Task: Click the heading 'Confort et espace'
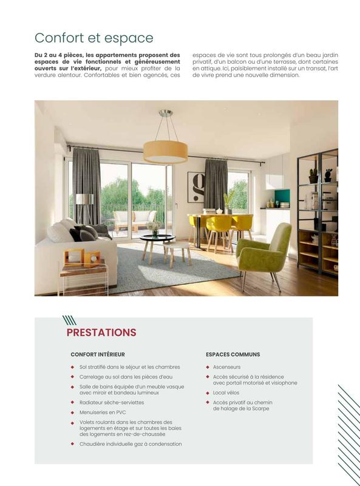point(93,38)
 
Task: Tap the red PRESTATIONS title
point(101,332)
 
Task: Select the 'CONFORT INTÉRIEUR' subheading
point(98,354)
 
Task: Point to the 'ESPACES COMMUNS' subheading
point(233,354)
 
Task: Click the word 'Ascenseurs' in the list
point(226,367)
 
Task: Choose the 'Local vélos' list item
point(226,393)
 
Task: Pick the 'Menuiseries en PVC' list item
point(103,412)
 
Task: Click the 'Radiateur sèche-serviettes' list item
point(111,402)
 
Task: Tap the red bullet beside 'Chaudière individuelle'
point(73,444)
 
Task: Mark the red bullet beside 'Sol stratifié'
point(73,367)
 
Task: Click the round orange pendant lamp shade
point(166,151)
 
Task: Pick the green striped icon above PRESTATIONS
point(69,320)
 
